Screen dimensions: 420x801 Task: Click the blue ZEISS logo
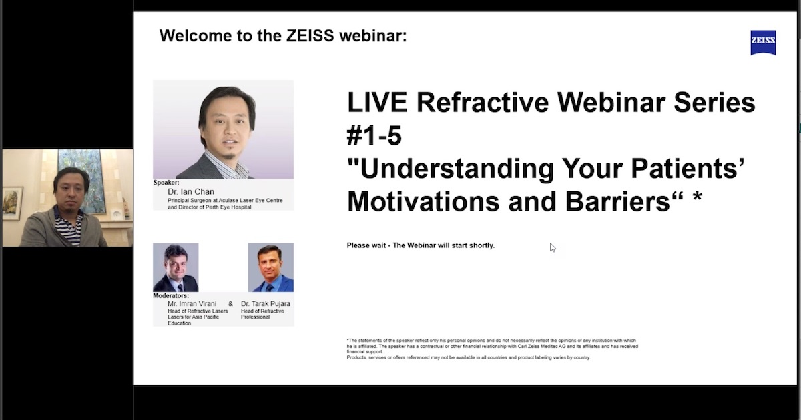pos(763,43)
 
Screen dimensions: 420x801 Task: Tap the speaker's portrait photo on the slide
pos(224,129)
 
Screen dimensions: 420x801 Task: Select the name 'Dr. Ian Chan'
pos(191,192)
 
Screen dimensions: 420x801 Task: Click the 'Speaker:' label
pos(167,183)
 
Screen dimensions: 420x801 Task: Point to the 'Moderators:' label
pos(171,295)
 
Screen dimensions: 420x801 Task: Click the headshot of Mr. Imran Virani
pos(176,267)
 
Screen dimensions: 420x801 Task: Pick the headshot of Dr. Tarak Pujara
pos(270,267)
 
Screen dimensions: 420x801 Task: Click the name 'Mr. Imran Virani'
pos(194,304)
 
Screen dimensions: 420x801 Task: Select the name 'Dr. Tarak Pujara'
pos(266,304)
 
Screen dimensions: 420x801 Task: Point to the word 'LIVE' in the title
pos(377,103)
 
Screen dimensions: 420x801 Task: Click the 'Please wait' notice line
pos(421,245)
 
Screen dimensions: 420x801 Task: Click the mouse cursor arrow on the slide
pos(552,247)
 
